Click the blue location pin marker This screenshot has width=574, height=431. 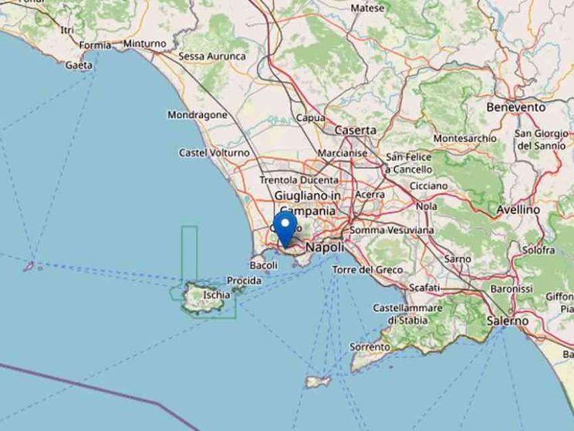click(286, 229)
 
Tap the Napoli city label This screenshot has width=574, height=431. click(324, 247)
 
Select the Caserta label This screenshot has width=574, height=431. click(356, 131)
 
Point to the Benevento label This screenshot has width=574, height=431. click(515, 107)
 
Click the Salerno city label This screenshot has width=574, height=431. click(508, 320)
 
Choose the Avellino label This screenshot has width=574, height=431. click(518, 209)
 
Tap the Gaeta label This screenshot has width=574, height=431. click(79, 65)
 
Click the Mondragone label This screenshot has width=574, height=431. click(198, 115)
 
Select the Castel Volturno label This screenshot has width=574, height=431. click(214, 153)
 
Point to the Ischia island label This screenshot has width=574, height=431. click(215, 294)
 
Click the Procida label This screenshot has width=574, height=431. click(245, 280)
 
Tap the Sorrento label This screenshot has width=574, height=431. click(370, 348)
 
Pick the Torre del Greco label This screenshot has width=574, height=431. click(367, 270)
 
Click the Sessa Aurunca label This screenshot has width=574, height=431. click(212, 56)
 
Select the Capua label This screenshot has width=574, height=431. click(311, 118)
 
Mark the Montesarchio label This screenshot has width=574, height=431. click(465, 138)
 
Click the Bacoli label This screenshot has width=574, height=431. click(265, 265)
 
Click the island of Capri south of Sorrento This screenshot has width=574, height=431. click(318, 382)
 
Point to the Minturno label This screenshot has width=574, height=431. click(144, 44)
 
